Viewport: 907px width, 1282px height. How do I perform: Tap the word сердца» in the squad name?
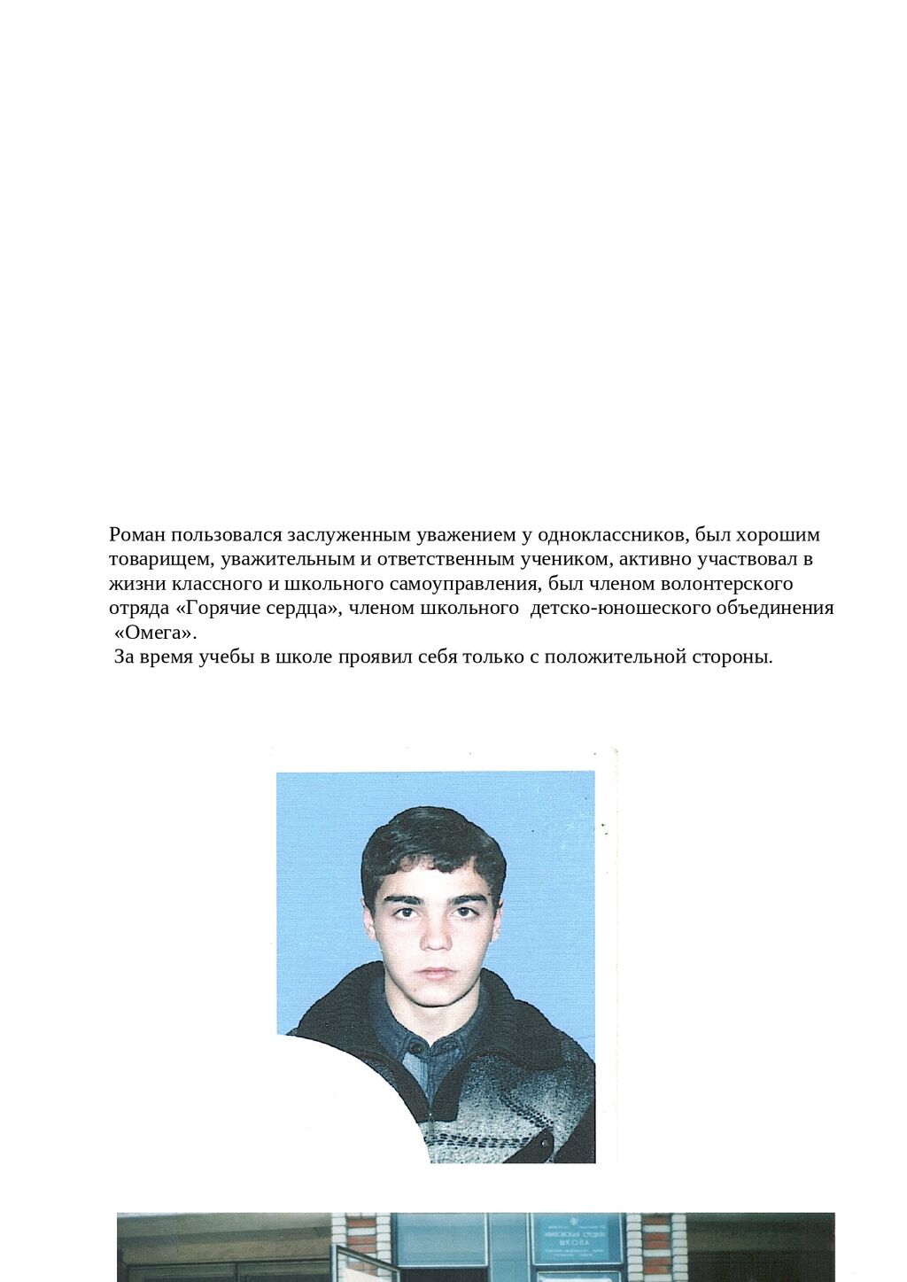click(302, 609)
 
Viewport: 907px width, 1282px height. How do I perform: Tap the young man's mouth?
click(436, 973)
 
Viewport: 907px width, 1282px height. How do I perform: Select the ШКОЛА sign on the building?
click(577, 1244)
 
